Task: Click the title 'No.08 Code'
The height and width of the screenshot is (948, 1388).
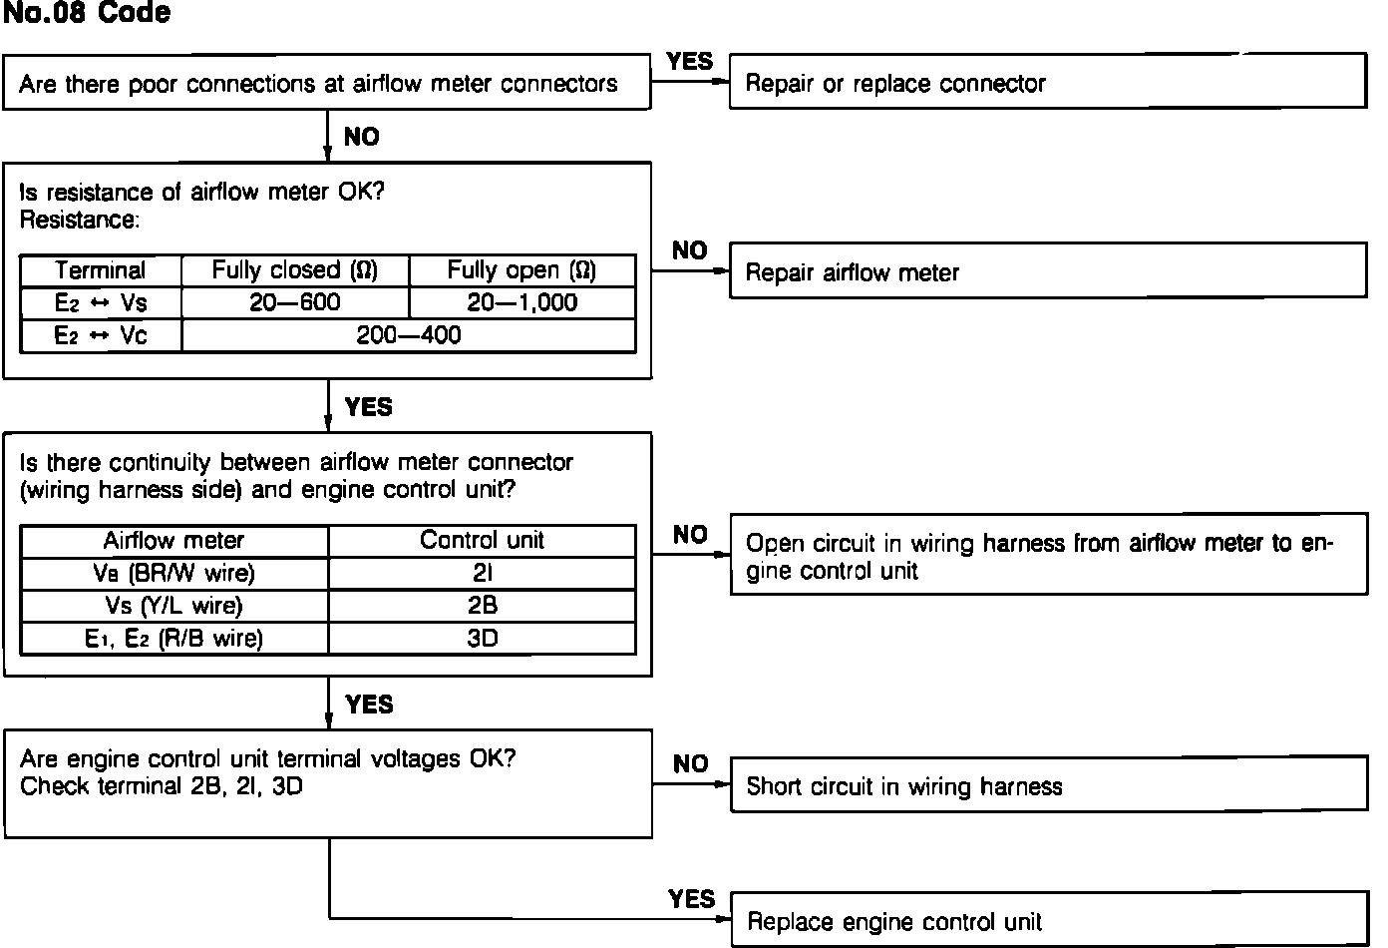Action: point(87,14)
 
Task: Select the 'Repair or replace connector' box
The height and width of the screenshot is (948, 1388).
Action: point(1047,83)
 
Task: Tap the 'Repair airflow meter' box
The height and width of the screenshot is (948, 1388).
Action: point(1047,272)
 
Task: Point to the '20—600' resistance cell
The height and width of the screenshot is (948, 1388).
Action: point(295,303)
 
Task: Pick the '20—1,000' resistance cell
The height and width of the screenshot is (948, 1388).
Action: point(521,303)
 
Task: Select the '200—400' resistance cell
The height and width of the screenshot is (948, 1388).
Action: point(409,335)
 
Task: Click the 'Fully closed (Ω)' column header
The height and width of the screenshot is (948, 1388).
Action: point(295,270)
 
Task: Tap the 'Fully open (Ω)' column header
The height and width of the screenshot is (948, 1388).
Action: point(521,270)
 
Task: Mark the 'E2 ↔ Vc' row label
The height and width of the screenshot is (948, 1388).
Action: point(101,335)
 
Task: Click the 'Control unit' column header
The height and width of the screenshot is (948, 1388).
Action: point(482,541)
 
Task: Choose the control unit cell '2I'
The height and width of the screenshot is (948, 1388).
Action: point(482,574)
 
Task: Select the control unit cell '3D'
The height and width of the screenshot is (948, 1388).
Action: point(482,638)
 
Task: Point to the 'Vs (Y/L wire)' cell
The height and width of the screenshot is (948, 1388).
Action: point(173,606)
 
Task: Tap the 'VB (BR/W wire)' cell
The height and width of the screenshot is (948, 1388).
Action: point(173,574)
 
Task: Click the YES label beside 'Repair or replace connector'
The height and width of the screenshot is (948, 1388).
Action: point(690,62)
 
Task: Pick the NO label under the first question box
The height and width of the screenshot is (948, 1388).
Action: point(362,138)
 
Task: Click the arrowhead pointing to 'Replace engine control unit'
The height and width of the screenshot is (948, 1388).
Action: point(723,918)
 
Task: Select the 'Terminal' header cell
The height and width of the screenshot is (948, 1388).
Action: point(101,270)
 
